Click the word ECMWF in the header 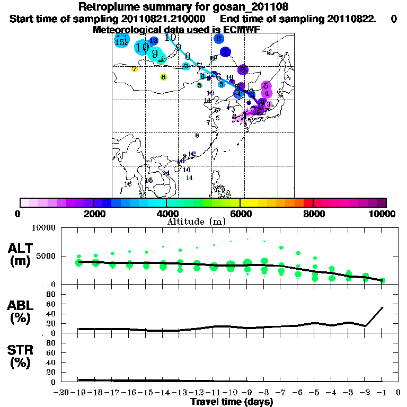pyautogui.click(x=242, y=30)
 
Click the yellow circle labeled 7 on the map pyautogui.click(x=135, y=69)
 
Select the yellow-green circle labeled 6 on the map pyautogui.click(x=163, y=77)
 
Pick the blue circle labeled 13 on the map pyautogui.click(x=154, y=41)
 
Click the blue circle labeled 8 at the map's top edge pyautogui.click(x=218, y=39)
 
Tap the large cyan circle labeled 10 pyautogui.click(x=142, y=48)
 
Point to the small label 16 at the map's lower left pyautogui.click(x=128, y=184)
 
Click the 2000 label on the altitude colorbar pyautogui.click(x=93, y=214)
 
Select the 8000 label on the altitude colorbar pyautogui.click(x=313, y=214)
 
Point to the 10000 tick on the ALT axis pyautogui.click(x=45, y=228)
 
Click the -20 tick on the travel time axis pyautogui.click(x=62, y=393)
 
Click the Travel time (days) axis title pyautogui.click(x=232, y=402)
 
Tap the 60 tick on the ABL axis pyautogui.click(x=52, y=304)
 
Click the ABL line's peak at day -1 pyautogui.click(x=383, y=307)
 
